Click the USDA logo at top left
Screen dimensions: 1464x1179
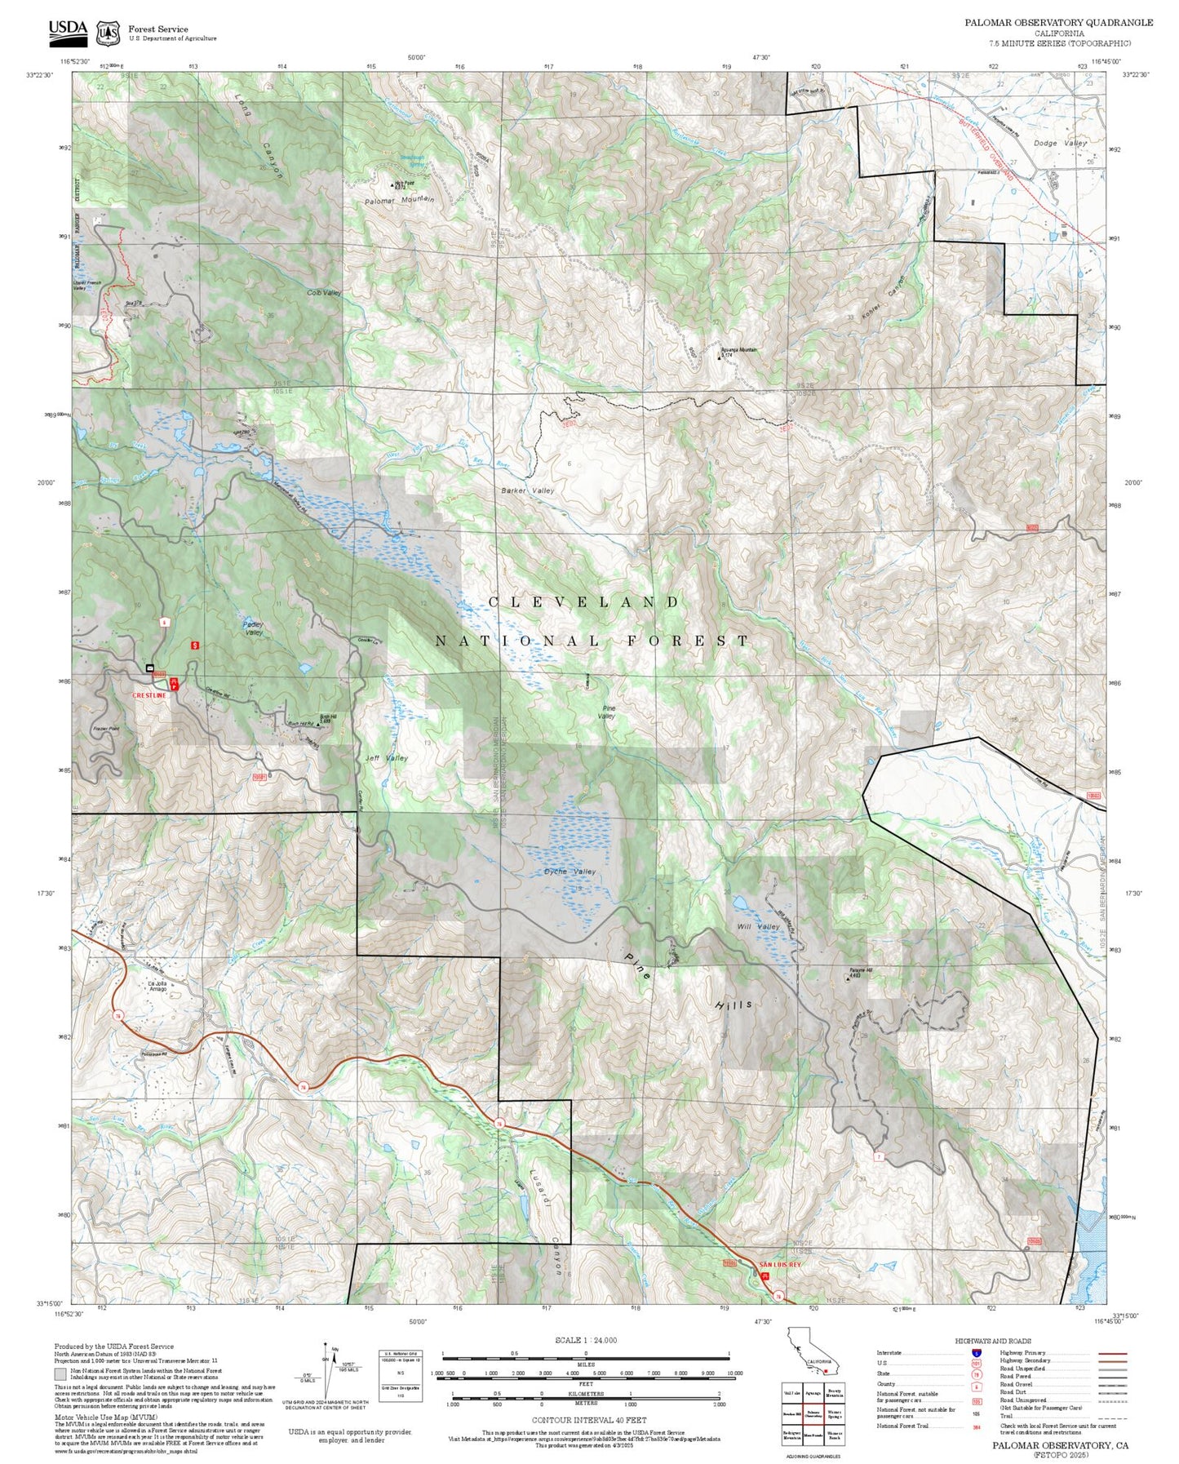click(x=68, y=31)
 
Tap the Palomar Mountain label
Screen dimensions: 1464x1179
click(x=399, y=200)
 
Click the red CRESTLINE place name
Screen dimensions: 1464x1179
click(x=150, y=695)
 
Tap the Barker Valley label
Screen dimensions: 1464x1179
click(x=527, y=490)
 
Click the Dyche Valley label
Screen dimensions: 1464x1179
click(x=570, y=872)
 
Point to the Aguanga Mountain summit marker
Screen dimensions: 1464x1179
click(x=719, y=356)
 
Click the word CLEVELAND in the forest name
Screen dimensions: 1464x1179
click(x=583, y=602)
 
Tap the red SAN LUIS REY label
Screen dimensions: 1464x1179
click(x=780, y=1265)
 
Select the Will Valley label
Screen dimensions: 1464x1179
click(x=758, y=926)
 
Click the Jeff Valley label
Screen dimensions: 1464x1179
click(x=386, y=758)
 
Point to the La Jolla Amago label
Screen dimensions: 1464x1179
click(x=157, y=986)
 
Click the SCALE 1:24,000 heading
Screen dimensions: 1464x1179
click(x=586, y=1340)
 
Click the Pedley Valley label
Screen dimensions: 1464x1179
click(x=253, y=628)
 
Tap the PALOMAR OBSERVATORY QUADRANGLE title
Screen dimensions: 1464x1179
click(x=1058, y=23)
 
